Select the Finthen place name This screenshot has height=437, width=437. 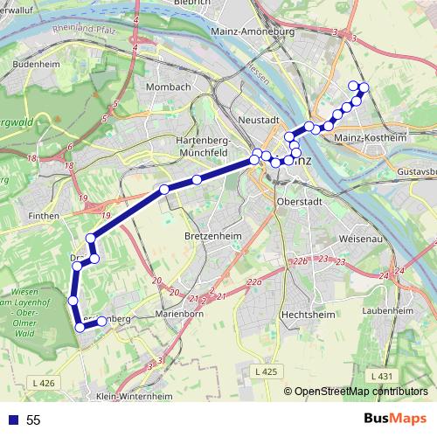click(x=43, y=214)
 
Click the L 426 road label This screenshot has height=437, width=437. click(x=42, y=383)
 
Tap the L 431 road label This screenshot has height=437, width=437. click(x=381, y=376)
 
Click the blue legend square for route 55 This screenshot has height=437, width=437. click(x=12, y=420)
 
